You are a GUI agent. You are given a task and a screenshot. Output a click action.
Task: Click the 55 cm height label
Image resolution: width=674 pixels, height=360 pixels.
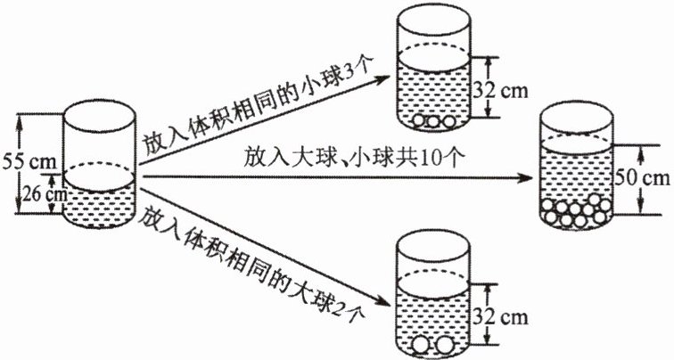(27, 164)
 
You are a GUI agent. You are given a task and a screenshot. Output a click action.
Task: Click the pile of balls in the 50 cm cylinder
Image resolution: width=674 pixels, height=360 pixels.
(576, 211)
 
